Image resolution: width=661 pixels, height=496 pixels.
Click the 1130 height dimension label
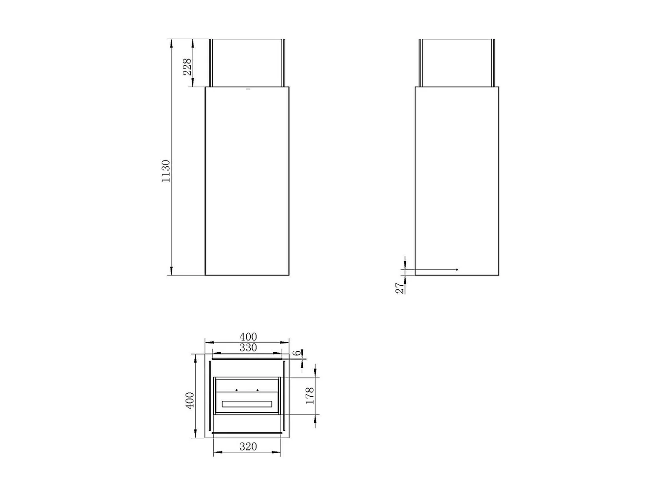(166, 171)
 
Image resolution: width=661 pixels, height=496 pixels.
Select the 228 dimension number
(187, 67)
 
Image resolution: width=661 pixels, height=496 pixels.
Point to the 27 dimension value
(399, 288)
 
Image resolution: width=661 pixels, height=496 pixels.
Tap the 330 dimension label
(248, 348)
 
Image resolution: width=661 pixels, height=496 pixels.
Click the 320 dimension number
(248, 446)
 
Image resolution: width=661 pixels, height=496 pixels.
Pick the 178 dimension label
(310, 396)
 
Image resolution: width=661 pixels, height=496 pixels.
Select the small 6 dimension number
(297, 353)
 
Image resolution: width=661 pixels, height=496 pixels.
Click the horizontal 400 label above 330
(248, 337)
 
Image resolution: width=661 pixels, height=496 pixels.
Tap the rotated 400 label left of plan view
(190, 400)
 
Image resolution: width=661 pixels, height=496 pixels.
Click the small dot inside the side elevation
(457, 269)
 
